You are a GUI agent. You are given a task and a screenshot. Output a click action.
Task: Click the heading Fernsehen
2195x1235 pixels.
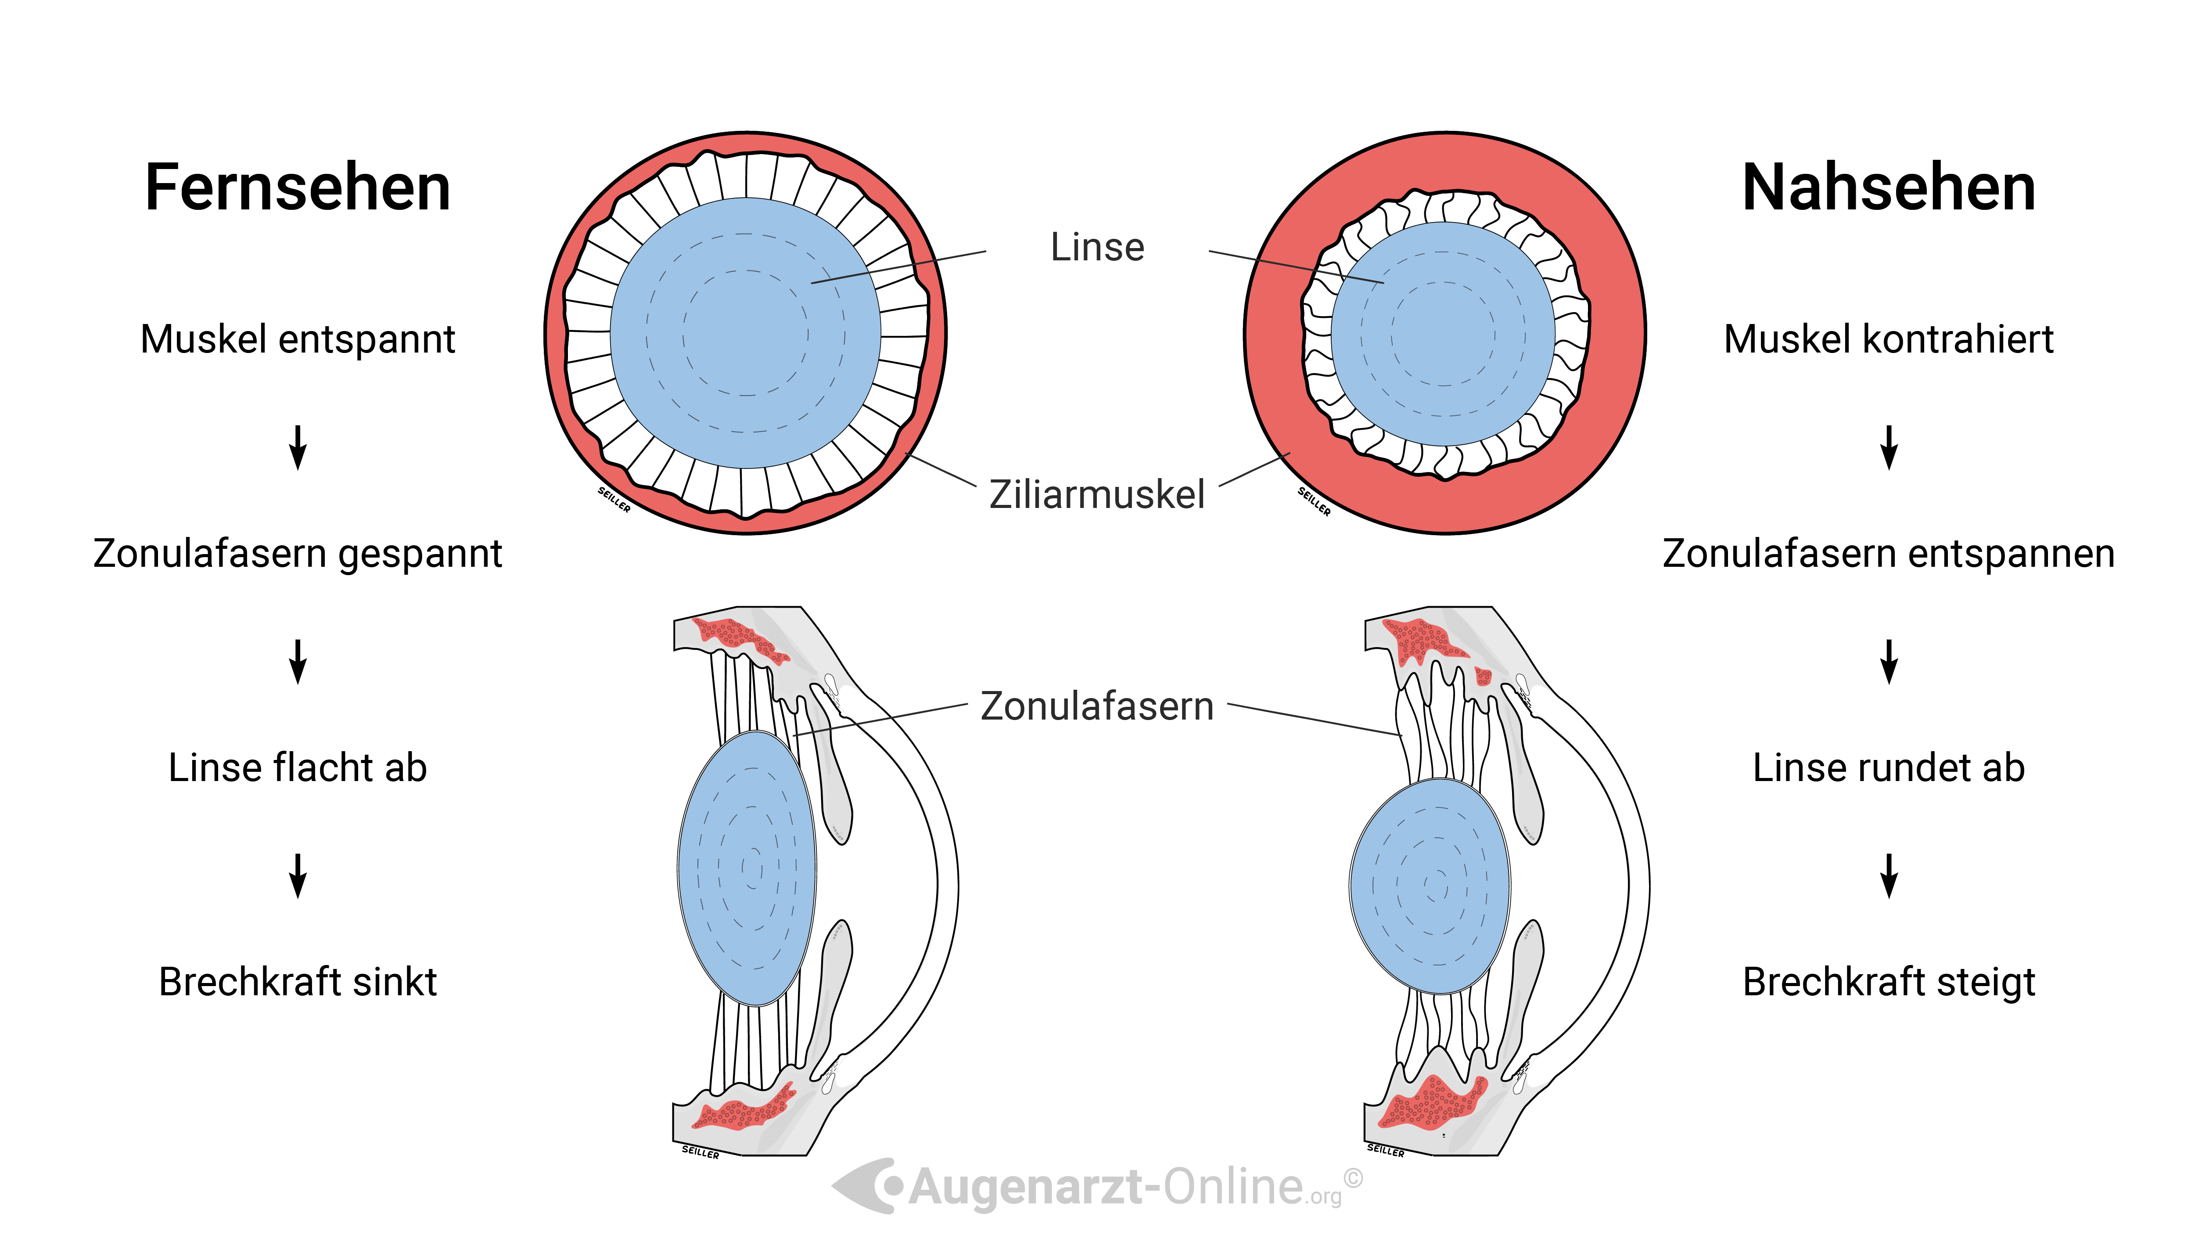point(298,187)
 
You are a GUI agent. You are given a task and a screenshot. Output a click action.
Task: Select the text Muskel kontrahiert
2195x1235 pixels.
point(1888,339)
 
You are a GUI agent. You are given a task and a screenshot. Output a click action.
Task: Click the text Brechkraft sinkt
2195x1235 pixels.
point(298,982)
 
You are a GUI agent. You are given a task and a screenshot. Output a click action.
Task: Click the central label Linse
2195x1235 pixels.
point(1097,247)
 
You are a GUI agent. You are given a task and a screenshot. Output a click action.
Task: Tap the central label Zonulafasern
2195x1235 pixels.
point(1097,706)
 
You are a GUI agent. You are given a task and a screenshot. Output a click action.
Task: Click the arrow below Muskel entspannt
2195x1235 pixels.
point(298,447)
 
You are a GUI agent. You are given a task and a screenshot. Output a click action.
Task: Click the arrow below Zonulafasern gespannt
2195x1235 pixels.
point(298,661)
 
